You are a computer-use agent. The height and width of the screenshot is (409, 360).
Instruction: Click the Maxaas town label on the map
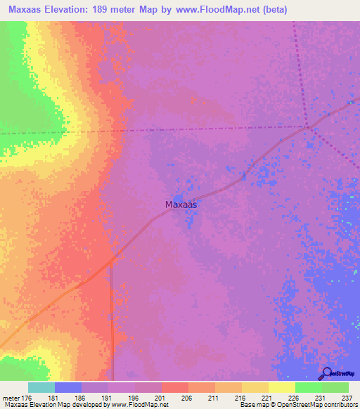tap(180, 205)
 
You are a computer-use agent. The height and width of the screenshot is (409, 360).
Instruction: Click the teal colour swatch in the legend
tap(41, 387)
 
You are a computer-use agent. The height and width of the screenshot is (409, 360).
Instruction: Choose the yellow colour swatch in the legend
tap(281, 387)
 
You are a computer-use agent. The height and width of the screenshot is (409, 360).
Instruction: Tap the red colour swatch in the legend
tap(174, 387)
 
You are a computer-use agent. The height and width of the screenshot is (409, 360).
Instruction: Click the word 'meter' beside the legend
tap(11, 398)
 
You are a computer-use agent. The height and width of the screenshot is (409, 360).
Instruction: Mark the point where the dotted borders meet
tap(307, 127)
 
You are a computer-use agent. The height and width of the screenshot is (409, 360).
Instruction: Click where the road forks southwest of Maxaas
tap(111, 263)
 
